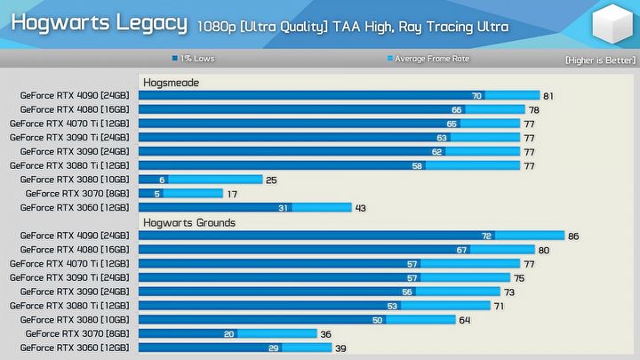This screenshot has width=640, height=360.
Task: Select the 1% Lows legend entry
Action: pos(193,60)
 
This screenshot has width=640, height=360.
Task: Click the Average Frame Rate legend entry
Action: pos(428,60)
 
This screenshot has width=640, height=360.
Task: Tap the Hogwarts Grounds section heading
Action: pos(189,222)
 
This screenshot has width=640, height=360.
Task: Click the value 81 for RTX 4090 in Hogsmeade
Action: pos(548,96)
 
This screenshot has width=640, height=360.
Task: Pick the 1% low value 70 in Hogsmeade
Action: pos(476,96)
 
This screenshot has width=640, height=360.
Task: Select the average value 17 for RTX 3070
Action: pos(232,194)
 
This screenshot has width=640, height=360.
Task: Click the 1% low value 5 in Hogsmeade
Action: pos(157,194)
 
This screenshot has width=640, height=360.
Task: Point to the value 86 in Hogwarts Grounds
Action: pos(573,236)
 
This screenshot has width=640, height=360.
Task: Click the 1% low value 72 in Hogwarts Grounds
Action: pos(486,236)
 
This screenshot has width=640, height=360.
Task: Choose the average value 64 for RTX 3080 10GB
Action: pos(465,320)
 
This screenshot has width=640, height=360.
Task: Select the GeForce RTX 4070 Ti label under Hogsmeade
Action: pos(70,124)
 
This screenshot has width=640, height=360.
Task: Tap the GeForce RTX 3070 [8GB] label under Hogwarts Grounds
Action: pos(77,334)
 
